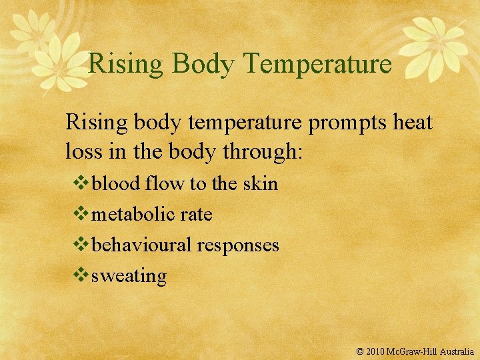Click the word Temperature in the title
pyautogui.click(x=317, y=64)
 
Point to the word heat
pyautogui.click(x=411, y=123)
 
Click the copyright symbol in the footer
pyautogui.click(x=360, y=351)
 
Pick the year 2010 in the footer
pyautogui.click(x=377, y=351)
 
